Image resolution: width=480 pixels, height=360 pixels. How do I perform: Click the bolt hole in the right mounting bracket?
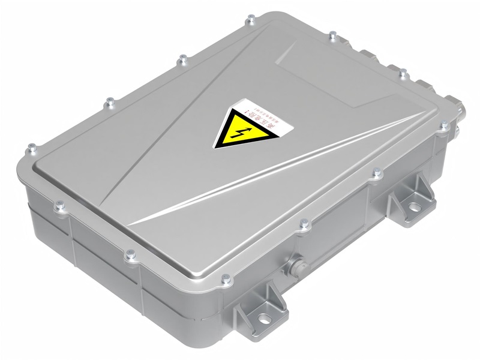click(x=415, y=206)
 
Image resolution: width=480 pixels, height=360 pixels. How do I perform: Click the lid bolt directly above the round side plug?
click(x=304, y=224)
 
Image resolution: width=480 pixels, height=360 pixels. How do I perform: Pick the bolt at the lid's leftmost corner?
click(x=32, y=146)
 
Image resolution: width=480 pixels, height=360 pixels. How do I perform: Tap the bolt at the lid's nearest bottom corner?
click(x=226, y=278)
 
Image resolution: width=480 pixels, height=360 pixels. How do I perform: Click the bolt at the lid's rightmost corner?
click(x=444, y=126)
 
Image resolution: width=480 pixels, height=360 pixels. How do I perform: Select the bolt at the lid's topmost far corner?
click(x=251, y=21)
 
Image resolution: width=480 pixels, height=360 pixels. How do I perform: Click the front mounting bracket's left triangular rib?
click(x=243, y=306)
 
